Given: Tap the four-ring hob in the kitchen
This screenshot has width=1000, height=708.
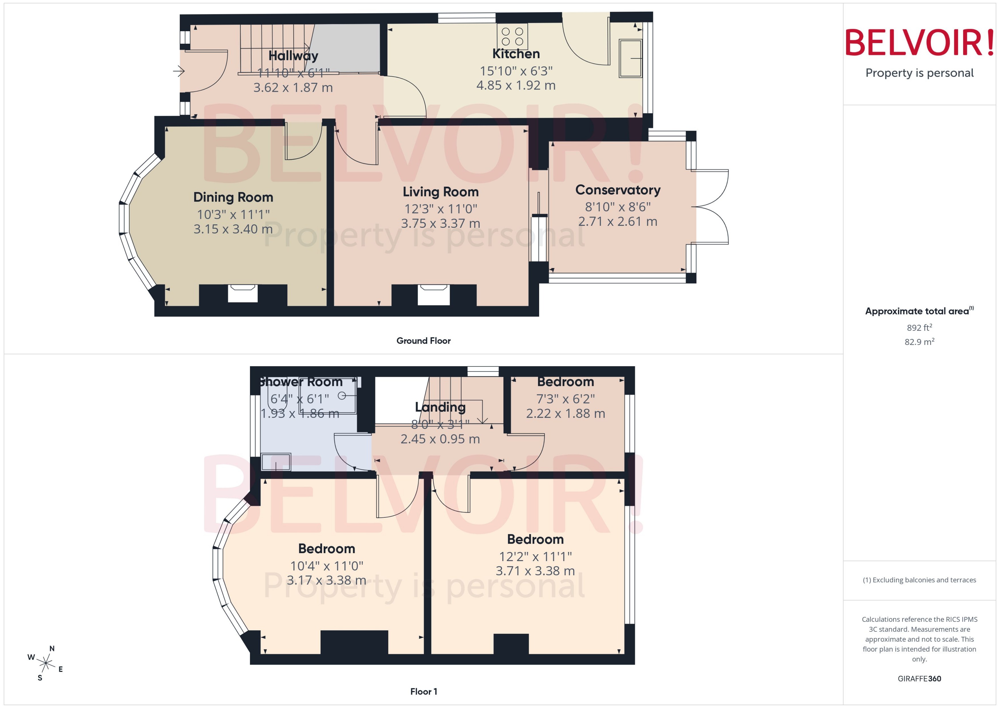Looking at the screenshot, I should click(512, 37).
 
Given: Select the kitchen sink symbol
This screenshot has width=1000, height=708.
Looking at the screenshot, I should click(630, 58).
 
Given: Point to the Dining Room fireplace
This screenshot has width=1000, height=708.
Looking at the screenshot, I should click(243, 293).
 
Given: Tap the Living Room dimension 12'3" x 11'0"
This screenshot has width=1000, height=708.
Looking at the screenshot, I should click(441, 209).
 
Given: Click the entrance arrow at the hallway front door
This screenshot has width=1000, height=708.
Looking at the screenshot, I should click(179, 71).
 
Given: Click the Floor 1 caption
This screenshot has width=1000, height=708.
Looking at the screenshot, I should click(423, 691).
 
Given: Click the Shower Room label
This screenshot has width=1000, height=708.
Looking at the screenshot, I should click(301, 382).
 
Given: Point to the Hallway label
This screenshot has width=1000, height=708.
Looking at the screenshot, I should click(293, 55).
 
